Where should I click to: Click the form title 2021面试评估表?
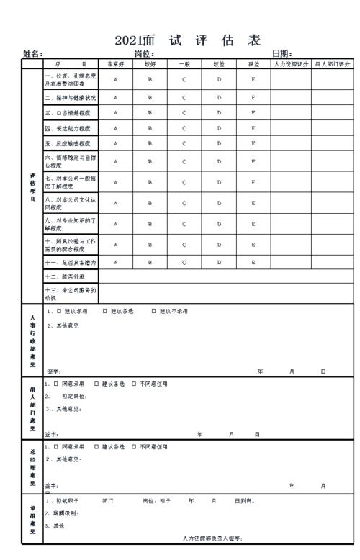(x=187, y=40)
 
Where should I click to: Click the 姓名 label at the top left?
(x=32, y=54)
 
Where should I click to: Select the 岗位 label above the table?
(x=144, y=54)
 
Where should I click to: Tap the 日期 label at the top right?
(x=282, y=54)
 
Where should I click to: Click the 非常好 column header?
(x=115, y=64)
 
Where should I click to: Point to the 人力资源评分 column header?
(x=291, y=64)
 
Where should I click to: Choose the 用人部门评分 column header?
(x=333, y=64)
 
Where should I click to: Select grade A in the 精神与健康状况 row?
(x=115, y=97)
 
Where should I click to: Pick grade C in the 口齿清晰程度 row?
(x=184, y=112)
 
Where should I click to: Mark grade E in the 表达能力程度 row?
(x=253, y=128)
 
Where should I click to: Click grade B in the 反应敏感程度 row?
(x=150, y=143)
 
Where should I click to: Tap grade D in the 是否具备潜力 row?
(x=220, y=263)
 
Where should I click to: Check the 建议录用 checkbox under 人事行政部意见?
(x=58, y=312)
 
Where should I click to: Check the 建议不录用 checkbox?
(x=153, y=312)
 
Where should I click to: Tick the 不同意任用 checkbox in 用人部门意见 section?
(x=134, y=384)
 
